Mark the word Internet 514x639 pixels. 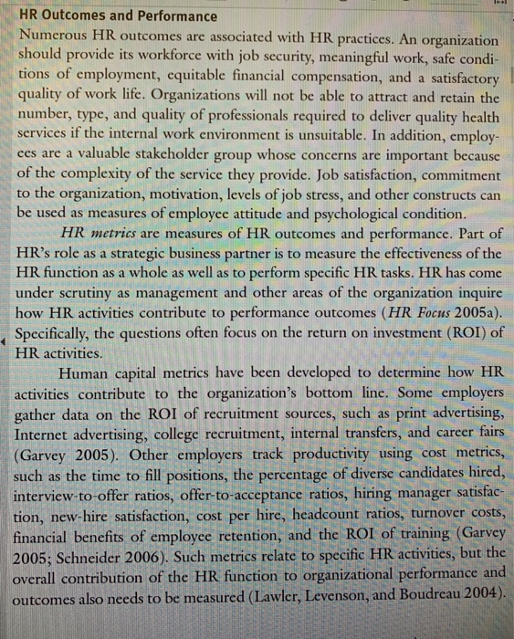tap(47, 435)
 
